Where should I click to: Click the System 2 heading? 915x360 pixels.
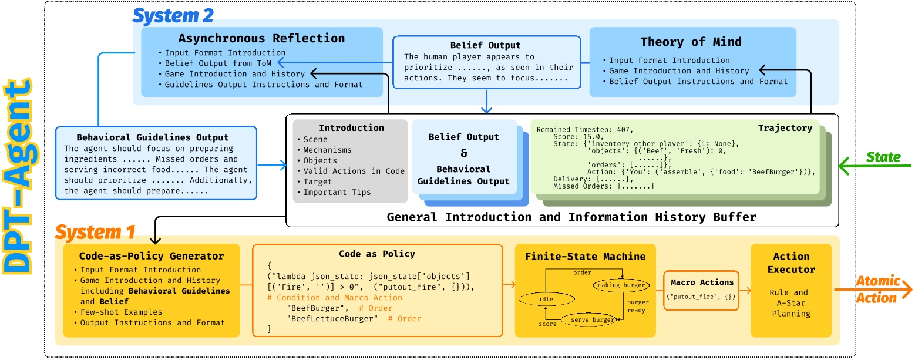(173, 16)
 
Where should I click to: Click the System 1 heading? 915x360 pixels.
(95, 233)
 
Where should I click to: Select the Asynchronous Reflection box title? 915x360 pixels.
(261, 39)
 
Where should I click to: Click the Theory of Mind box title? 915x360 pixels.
(691, 42)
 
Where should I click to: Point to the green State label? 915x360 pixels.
(884, 157)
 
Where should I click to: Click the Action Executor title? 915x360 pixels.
(791, 263)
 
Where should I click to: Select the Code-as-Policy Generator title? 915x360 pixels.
(152, 256)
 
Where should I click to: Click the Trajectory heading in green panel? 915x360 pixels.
(785, 127)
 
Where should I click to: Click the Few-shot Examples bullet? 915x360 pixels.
(120, 312)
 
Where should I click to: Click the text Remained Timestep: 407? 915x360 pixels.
(585, 129)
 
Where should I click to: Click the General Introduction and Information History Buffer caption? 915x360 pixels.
(571, 217)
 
